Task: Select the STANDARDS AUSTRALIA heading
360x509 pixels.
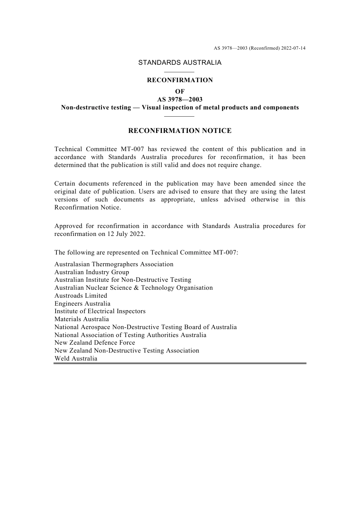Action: pos(180,62)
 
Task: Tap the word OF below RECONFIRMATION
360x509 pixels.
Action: pos(180,91)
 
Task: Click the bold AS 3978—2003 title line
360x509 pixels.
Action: pos(180,99)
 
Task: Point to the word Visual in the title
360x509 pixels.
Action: pos(151,107)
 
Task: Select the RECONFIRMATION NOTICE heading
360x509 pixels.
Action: pos(180,131)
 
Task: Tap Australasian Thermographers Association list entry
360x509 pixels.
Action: pos(114,264)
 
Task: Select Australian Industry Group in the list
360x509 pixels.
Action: pos(92,272)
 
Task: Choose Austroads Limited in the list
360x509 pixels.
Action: pos(81,295)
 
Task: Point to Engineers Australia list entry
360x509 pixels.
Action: pos(82,303)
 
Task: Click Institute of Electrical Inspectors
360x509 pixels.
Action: pos(100,311)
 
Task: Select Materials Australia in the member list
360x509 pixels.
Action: pos(81,319)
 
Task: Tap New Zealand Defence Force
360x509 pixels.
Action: pos(95,342)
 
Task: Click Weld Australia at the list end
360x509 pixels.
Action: pos(76,358)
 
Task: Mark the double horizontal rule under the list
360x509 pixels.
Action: pos(180,364)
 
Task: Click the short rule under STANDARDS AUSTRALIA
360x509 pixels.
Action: pos(179,72)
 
